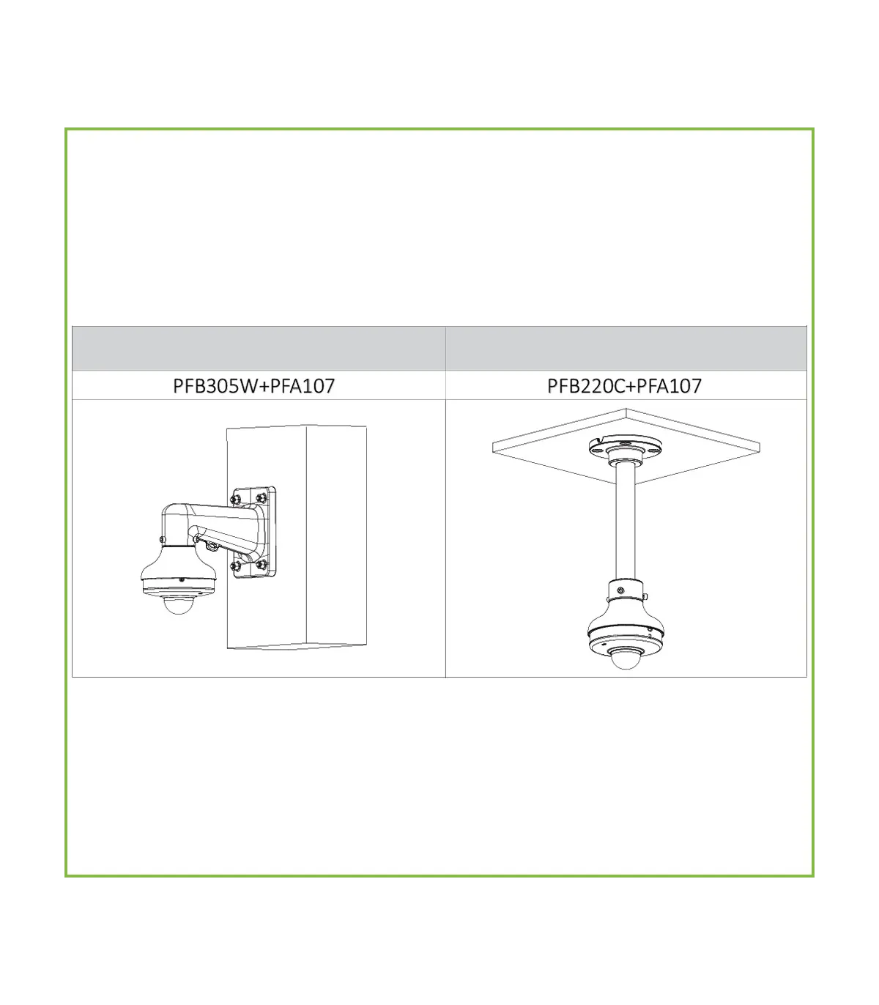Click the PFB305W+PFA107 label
pyautogui.click(x=254, y=386)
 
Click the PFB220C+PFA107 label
pyautogui.click(x=624, y=386)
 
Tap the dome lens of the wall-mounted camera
pyautogui.click(x=178, y=605)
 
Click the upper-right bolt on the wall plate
pyautogui.click(x=262, y=497)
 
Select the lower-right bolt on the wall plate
pyautogui.click(x=262, y=564)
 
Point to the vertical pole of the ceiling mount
pyautogui.click(x=625, y=522)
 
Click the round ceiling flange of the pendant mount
pyautogui.click(x=625, y=447)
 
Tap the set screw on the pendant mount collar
pyautogui.click(x=620, y=590)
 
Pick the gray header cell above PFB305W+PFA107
pyautogui.click(x=259, y=348)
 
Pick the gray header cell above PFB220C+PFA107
pyautogui.click(x=626, y=348)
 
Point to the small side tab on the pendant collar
pyautogui.click(x=645, y=597)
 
